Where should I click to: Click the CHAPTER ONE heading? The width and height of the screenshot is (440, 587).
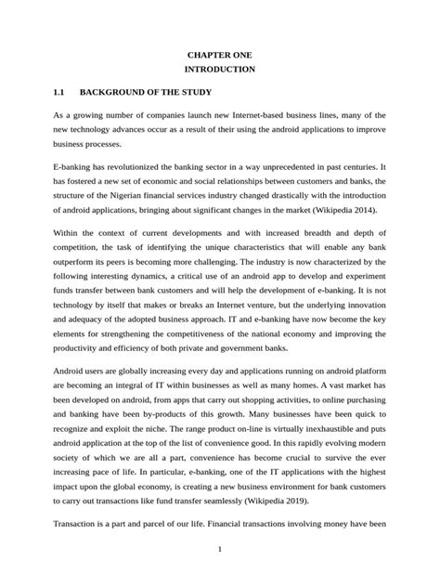click(x=220, y=56)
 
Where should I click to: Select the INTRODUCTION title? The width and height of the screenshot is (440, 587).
click(x=220, y=71)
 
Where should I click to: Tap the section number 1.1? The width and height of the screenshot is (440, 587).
click(x=60, y=93)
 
